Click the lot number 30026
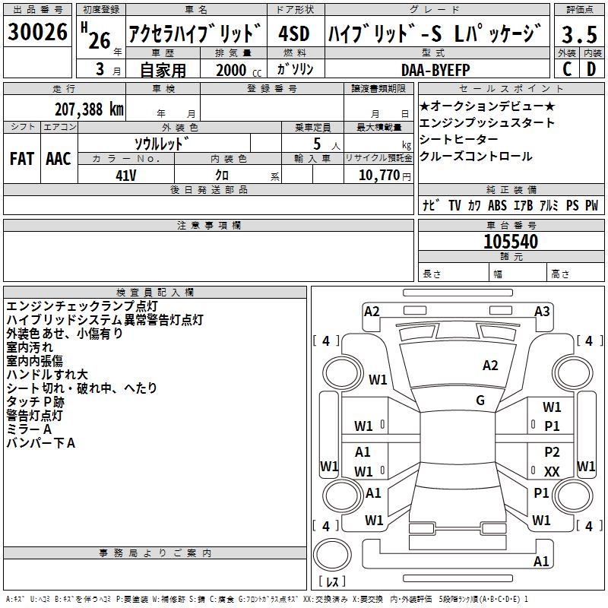(x=37, y=32)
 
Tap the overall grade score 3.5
(x=579, y=34)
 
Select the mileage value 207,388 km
(x=89, y=109)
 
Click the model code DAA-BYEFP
(x=435, y=70)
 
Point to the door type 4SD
(x=294, y=33)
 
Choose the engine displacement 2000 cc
(x=239, y=70)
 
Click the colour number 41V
(x=125, y=176)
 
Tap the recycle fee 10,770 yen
(x=385, y=176)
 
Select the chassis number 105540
(x=511, y=241)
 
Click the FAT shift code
(x=22, y=159)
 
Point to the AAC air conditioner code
(x=59, y=159)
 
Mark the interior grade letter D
(x=591, y=69)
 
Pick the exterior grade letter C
(x=567, y=69)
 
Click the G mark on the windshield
(x=480, y=400)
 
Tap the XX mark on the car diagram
(x=552, y=471)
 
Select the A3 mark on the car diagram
(x=542, y=311)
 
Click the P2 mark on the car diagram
(x=552, y=451)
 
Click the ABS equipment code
(x=497, y=205)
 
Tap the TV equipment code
(x=454, y=205)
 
